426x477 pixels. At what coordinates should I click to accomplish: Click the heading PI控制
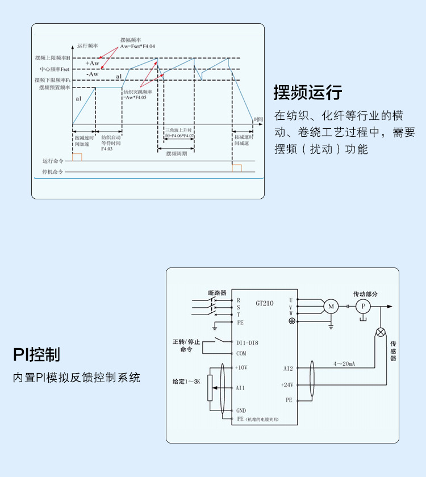[37, 355]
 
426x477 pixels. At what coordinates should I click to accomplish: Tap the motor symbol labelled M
[331, 307]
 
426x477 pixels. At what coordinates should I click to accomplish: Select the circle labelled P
[362, 307]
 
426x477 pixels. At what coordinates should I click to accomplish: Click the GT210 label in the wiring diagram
[265, 303]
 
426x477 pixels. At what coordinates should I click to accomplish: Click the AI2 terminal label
[288, 369]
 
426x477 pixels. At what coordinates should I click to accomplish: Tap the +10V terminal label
[241, 367]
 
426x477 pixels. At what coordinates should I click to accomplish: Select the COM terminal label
[241, 353]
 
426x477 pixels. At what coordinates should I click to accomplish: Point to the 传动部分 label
[365, 294]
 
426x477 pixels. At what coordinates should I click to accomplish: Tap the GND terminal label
[241, 410]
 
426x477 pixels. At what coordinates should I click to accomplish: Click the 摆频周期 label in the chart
[176, 154]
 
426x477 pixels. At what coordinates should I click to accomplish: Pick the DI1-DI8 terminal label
[247, 342]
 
